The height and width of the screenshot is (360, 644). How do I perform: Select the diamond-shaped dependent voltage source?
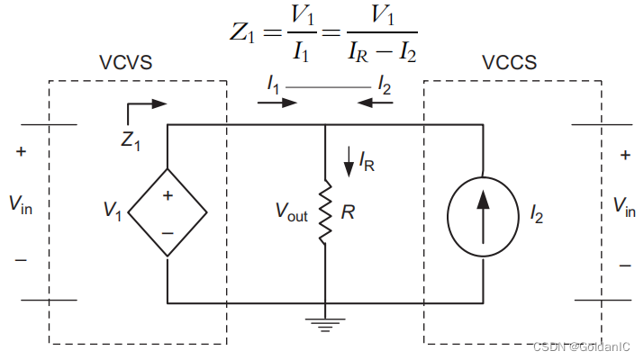pos(168,213)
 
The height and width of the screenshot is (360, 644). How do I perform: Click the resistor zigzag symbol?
pos(325,213)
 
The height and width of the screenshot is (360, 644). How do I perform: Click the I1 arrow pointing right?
pos(277,103)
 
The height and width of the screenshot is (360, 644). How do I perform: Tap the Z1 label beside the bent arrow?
pos(131,140)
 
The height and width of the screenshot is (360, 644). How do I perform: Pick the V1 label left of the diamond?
pos(112,212)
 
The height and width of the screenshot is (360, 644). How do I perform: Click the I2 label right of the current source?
pos(537,214)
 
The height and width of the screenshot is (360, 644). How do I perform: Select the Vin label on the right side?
pos(623,207)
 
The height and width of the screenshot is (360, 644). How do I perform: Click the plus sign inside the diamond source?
pos(168,195)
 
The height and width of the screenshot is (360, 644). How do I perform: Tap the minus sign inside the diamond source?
pos(168,232)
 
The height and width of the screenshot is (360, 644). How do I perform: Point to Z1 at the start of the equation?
pos(243,37)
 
